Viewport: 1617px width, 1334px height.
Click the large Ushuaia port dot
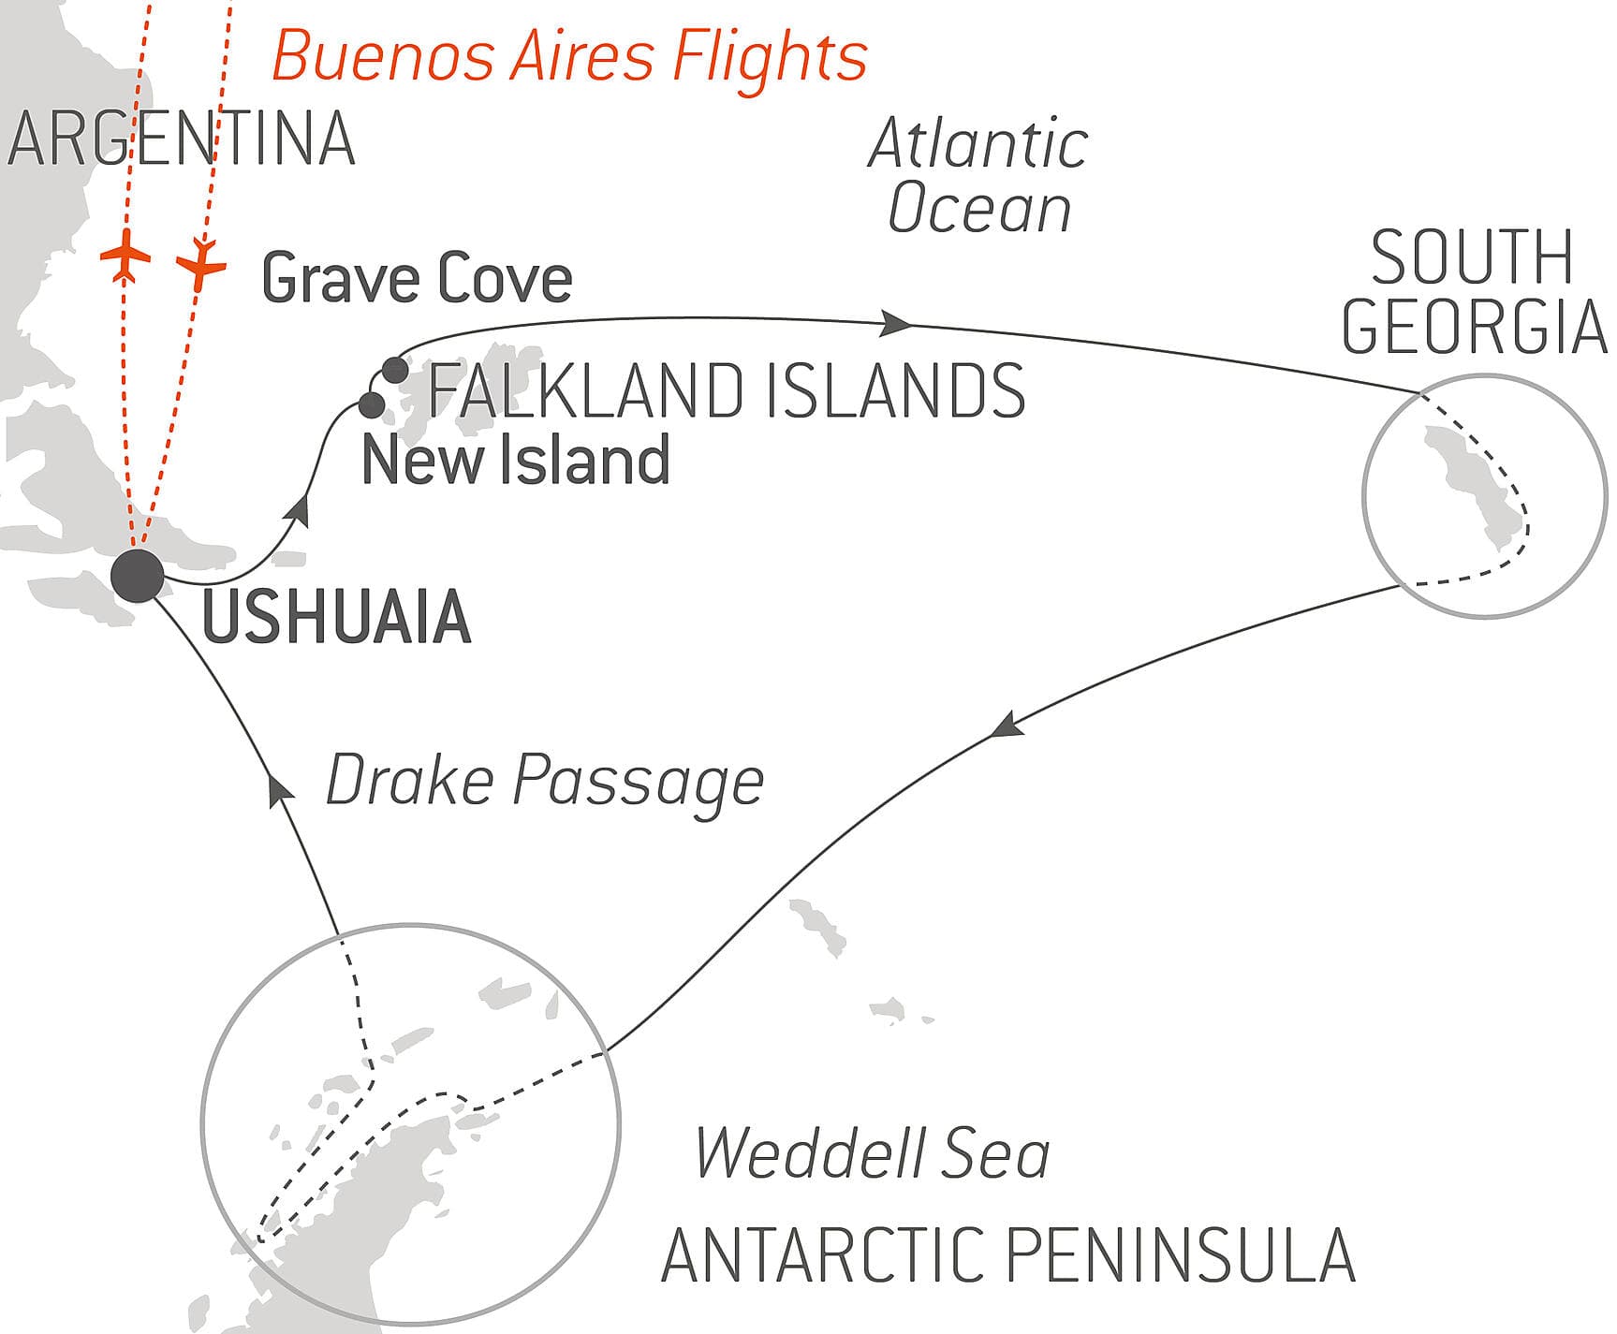click(x=138, y=576)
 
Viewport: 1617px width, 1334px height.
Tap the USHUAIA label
click(x=336, y=618)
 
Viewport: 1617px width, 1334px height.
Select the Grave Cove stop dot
click(x=395, y=370)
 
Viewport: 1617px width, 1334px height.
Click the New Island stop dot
click(x=372, y=405)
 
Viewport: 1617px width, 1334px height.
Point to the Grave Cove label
click(x=417, y=279)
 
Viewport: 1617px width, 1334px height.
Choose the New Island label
click(x=515, y=461)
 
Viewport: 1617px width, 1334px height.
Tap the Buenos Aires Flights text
click(x=569, y=56)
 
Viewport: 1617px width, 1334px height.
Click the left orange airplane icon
click(x=125, y=255)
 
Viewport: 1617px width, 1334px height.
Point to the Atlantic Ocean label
click(x=978, y=176)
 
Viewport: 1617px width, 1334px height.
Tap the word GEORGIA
click(x=1474, y=327)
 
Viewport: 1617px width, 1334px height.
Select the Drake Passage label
click(x=544, y=781)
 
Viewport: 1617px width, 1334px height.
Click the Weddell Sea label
click(x=872, y=1153)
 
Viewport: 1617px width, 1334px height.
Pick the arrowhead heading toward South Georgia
click(x=895, y=324)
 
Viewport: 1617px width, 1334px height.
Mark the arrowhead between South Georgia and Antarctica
click(x=1007, y=726)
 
